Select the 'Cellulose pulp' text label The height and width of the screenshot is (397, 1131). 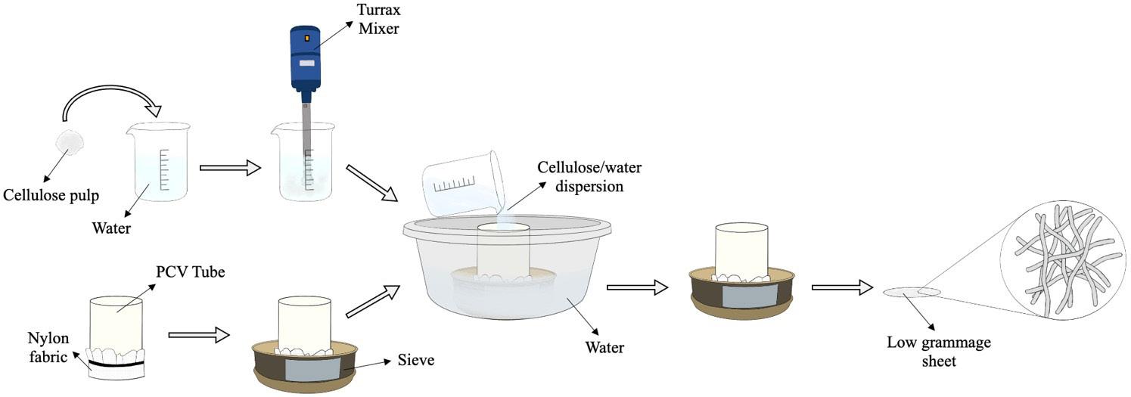[x=51, y=195]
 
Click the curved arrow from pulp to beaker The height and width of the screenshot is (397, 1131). [x=113, y=102]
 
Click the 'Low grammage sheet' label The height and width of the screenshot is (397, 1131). [x=938, y=352]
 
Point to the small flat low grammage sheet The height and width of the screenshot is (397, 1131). [x=912, y=291]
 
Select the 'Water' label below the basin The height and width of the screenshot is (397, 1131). [x=606, y=348]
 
